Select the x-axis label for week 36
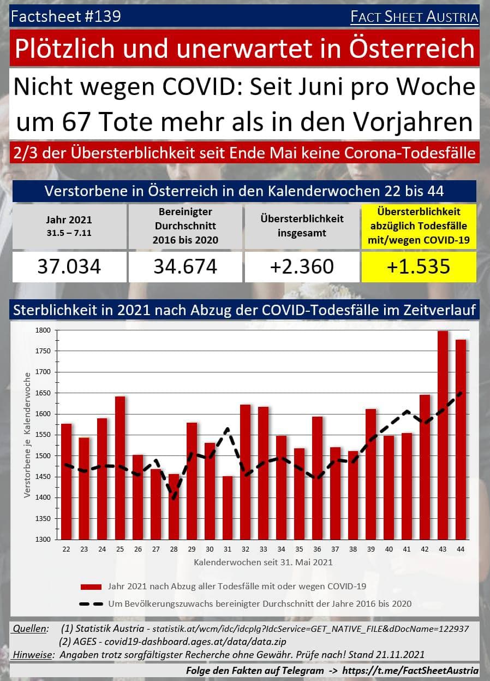pyautogui.click(x=317, y=549)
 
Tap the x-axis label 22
pyautogui.click(x=67, y=549)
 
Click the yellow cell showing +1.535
pyautogui.click(x=419, y=267)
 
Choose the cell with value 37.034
pyautogui.click(x=69, y=267)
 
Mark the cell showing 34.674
pyautogui.click(x=186, y=267)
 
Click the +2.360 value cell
pyautogui.click(x=302, y=267)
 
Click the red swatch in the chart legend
pyautogui.click(x=91, y=587)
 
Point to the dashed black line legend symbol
pyautogui.click(x=91, y=604)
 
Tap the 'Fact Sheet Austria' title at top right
pyautogui.click(x=414, y=17)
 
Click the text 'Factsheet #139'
pyautogui.click(x=65, y=17)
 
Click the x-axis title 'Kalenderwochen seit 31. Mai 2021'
pyautogui.click(x=263, y=561)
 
